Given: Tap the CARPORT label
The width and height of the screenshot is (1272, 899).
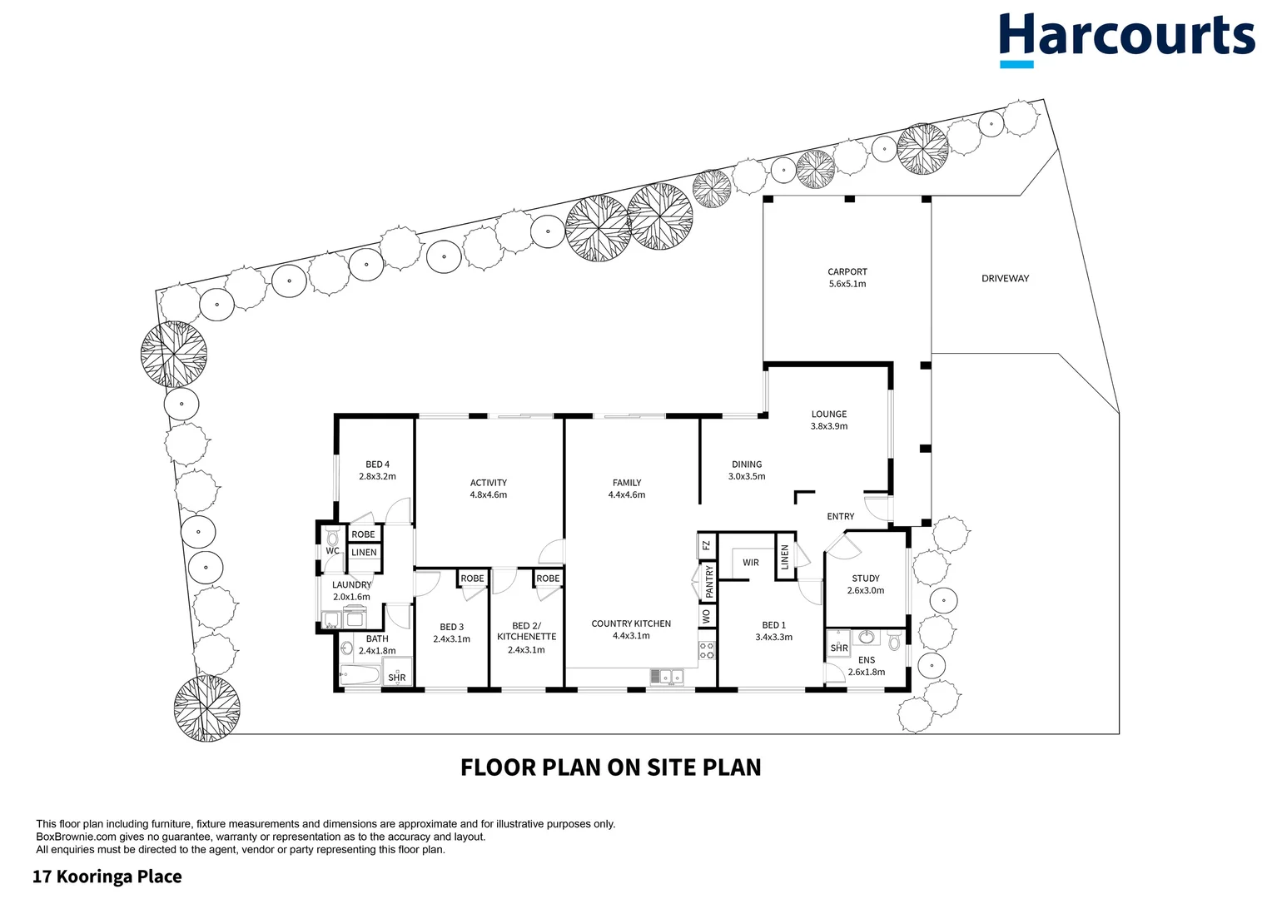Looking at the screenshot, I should (x=847, y=277).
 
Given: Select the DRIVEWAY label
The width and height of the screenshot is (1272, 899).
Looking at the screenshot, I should (x=1005, y=279).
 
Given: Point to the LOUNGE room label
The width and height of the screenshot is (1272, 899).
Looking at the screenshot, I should (x=828, y=420).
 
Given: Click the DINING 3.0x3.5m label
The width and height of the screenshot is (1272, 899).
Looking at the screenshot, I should (x=746, y=470).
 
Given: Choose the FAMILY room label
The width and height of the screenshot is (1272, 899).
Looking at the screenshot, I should (x=627, y=489).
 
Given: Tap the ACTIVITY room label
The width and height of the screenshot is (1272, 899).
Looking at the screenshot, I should (x=488, y=489).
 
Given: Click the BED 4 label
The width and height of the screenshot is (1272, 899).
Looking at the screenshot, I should (x=377, y=470).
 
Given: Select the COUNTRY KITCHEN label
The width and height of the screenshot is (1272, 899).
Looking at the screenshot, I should (x=630, y=629).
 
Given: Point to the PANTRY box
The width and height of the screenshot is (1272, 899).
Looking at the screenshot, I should (x=708, y=581).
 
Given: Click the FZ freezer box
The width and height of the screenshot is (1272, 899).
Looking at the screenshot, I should (x=706, y=546).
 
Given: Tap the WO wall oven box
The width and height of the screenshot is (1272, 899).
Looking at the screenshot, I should (x=707, y=616).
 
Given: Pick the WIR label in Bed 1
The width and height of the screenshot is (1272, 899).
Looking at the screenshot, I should (x=750, y=563).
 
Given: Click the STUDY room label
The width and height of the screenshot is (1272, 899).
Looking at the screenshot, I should (x=865, y=584).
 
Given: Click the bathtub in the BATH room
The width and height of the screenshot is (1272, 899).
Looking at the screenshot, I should (x=360, y=673).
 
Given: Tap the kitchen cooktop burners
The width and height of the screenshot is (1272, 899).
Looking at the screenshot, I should (x=707, y=650).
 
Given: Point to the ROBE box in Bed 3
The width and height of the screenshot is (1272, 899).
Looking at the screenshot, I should (x=472, y=579).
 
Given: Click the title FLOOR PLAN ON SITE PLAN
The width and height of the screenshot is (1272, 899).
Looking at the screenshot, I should (x=610, y=767).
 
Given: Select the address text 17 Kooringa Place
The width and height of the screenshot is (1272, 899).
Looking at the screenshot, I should (x=107, y=877).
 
